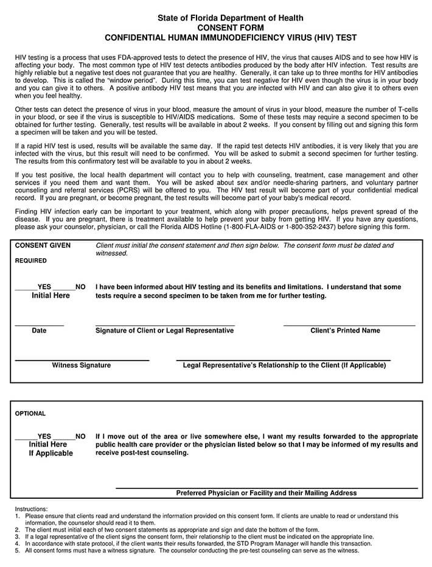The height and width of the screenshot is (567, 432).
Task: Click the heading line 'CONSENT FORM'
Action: click(x=231, y=28)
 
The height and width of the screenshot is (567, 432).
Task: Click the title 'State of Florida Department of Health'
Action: click(x=231, y=18)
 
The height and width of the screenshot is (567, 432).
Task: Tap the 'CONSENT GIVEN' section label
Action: click(x=43, y=245)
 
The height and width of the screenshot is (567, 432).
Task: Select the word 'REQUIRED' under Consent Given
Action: click(x=30, y=261)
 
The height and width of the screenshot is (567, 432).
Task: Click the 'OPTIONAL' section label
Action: click(x=30, y=414)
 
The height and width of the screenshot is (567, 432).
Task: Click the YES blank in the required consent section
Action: click(x=26, y=286)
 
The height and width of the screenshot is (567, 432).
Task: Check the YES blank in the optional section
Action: click(x=26, y=436)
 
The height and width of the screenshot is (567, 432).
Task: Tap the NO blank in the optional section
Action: click(x=63, y=436)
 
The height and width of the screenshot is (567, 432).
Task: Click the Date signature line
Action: click(x=39, y=325)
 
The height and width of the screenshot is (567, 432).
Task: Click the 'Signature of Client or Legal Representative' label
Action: click(x=164, y=331)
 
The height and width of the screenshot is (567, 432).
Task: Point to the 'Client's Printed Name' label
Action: click(x=345, y=331)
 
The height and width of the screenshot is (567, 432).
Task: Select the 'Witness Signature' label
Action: click(x=81, y=365)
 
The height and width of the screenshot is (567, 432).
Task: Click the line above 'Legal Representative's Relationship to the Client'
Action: click(x=284, y=359)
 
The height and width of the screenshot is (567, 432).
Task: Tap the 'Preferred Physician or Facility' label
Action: click(x=266, y=493)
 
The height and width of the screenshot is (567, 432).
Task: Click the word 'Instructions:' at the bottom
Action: click(x=31, y=509)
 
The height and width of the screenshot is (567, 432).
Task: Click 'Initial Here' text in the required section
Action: click(x=51, y=295)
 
